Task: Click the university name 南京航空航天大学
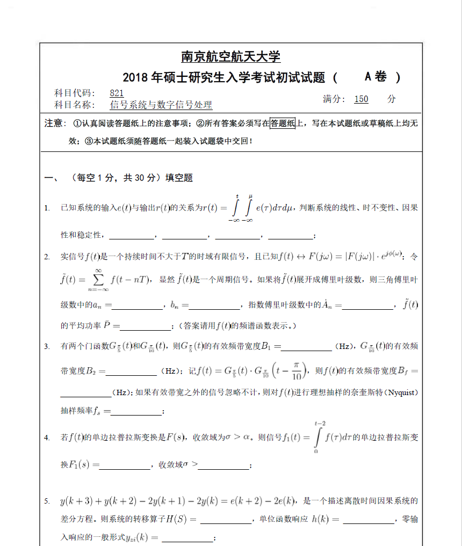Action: pyautogui.click(x=230, y=57)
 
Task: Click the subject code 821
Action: pyautogui.click(x=117, y=93)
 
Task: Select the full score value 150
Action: pyautogui.click(x=361, y=99)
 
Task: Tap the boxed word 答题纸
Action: pyautogui.click(x=283, y=123)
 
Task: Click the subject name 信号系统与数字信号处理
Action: pyautogui.click(x=161, y=105)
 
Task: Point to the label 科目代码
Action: pyautogui.click(x=75, y=93)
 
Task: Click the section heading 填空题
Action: pyautogui.click(x=179, y=178)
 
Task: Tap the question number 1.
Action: pyautogui.click(x=47, y=208)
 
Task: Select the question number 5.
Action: pyautogui.click(x=47, y=501)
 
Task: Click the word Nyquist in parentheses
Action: pyautogui.click(x=401, y=392)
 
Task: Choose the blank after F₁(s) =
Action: pyautogui.click(x=125, y=466)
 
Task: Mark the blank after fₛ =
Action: pyautogui.click(x=136, y=412)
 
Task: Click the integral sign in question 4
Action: pyautogui.click(x=317, y=437)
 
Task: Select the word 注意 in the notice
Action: pyautogui.click(x=54, y=123)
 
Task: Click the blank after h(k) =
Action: pyautogui.click(x=368, y=520)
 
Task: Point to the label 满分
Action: pyautogui.click(x=334, y=99)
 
